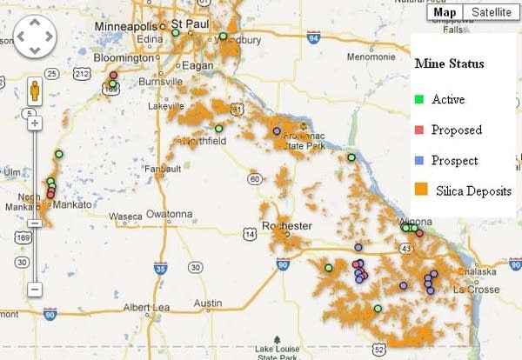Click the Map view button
445,12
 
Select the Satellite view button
487,12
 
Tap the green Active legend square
418,99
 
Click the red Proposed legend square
418,130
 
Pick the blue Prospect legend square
418,161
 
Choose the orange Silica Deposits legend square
420,190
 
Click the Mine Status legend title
449,63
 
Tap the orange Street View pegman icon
35,91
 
